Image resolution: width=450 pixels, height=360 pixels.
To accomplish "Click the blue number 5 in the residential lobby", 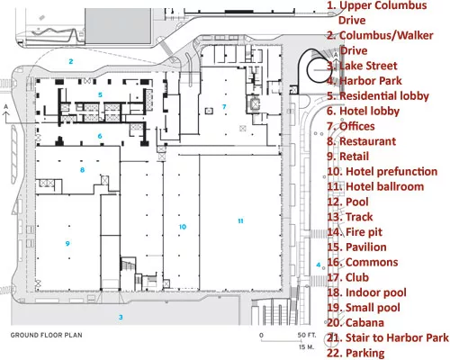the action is (x=100, y=94).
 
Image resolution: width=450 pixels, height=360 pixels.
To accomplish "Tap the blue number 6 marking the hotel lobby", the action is (x=100, y=136).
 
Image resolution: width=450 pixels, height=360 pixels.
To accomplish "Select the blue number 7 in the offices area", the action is (x=224, y=107).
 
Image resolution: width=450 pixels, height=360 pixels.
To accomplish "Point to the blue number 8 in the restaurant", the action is (x=82, y=170).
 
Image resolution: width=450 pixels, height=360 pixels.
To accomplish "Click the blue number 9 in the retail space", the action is (x=67, y=243).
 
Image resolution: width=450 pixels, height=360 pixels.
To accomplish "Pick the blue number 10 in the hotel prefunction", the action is (x=183, y=227).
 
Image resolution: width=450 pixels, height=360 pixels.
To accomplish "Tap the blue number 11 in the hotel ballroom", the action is (x=240, y=221).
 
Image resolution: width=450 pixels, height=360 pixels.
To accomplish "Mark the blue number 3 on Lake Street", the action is (x=121, y=317).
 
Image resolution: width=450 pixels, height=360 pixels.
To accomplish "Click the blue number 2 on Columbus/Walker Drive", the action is (x=71, y=61).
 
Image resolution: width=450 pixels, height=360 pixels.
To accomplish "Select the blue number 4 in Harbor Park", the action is (x=319, y=265).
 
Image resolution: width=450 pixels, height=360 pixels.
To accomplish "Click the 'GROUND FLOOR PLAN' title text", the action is (x=47, y=335).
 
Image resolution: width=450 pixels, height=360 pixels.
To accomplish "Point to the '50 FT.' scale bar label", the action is (x=307, y=335).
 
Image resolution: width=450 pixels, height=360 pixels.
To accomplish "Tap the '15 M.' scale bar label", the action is (x=306, y=347).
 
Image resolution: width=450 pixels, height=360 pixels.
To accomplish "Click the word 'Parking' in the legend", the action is (x=365, y=354).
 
